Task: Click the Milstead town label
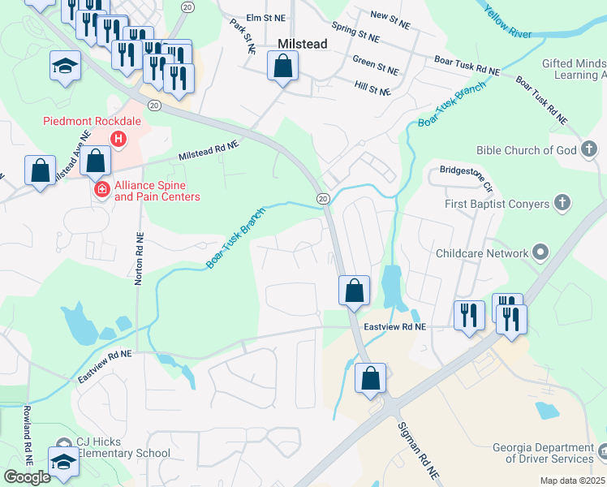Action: click(x=302, y=44)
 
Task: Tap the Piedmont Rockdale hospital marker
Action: click(x=119, y=140)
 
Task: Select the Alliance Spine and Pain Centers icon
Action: click(x=102, y=189)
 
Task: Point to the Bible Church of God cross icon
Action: click(x=589, y=149)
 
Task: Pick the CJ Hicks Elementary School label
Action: click(x=123, y=448)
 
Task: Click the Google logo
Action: click(x=27, y=477)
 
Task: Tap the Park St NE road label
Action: click(x=243, y=37)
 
